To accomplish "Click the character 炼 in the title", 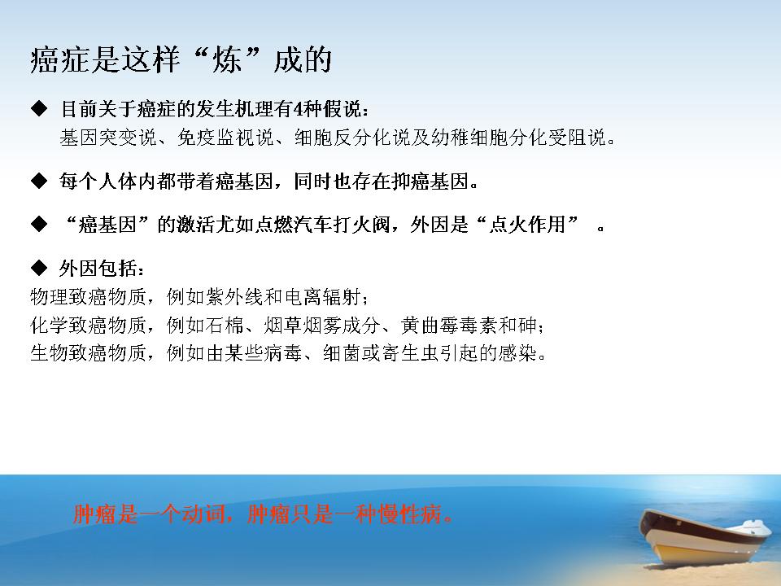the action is [227, 59].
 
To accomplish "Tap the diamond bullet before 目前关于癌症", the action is [39, 108].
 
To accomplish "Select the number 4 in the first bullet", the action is [298, 109].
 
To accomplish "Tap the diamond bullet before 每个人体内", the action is [39, 181].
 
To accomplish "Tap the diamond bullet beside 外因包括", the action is [39, 268].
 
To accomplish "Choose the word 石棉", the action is [225, 326].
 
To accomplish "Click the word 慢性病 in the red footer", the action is [410, 514].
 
